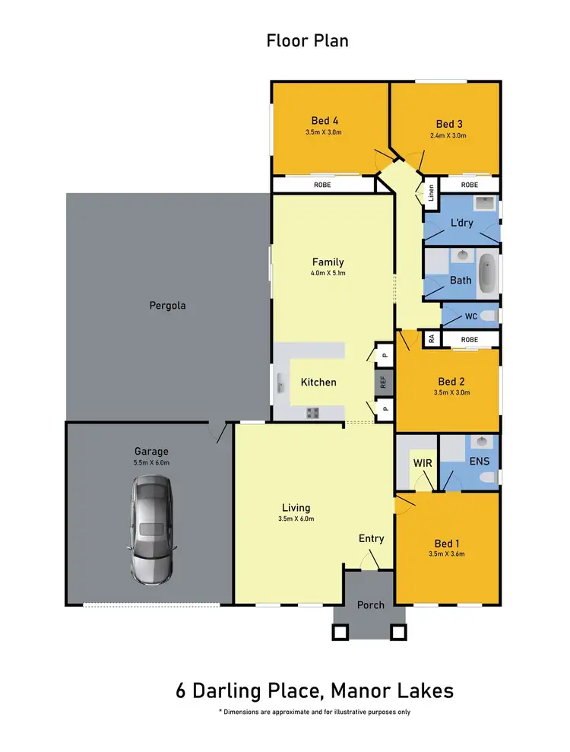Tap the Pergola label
click(x=167, y=306)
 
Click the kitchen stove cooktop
click(x=312, y=412)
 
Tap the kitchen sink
click(x=281, y=384)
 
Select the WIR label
click(x=423, y=462)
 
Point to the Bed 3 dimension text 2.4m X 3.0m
click(x=448, y=135)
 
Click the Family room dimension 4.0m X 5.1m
click(x=328, y=272)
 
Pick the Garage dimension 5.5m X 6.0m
click(x=152, y=462)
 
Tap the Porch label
click(x=371, y=604)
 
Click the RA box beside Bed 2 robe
click(x=432, y=338)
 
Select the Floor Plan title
click(x=307, y=40)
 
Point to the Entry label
click(x=371, y=538)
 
